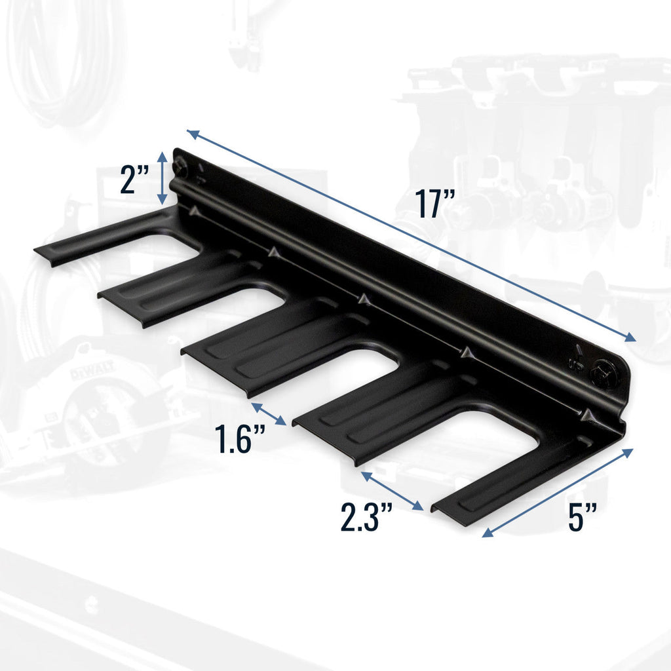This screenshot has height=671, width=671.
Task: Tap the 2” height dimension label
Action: pos(135,180)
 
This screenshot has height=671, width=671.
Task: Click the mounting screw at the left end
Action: pos(180,168)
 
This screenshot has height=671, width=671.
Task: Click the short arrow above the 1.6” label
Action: pos(269,414)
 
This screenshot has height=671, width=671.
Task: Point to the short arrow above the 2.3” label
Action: pos(391,490)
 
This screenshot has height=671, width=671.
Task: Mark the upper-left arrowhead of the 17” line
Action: pos(191,134)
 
